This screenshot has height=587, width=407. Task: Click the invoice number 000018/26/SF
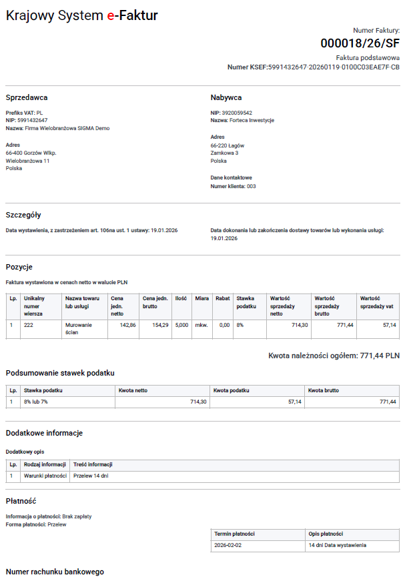pyautogui.click(x=360, y=44)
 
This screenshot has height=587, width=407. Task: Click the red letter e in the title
pyautogui.click(x=110, y=15)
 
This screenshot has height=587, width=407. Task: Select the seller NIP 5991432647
pyautogui.click(x=33, y=120)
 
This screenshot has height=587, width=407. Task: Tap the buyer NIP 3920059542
pyautogui.click(x=238, y=113)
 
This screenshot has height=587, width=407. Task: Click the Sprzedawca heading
pyautogui.click(x=27, y=97)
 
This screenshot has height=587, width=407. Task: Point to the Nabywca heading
pyautogui.click(x=226, y=97)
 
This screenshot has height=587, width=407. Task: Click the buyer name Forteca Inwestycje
pyautogui.click(x=252, y=120)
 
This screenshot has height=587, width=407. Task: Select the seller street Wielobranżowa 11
pyautogui.click(x=27, y=161)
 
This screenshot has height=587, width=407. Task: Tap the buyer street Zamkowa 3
pyautogui.click(x=224, y=153)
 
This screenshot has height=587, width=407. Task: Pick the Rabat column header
pyautogui.click(x=222, y=298)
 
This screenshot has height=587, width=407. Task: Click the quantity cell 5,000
pyautogui.click(x=181, y=325)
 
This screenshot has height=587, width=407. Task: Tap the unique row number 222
pyautogui.click(x=29, y=325)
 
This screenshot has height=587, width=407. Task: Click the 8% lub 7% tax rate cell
pyautogui.click(x=37, y=402)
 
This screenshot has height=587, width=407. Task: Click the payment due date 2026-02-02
pyautogui.click(x=228, y=545)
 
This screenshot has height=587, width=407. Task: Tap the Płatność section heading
pyautogui.click(x=21, y=501)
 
